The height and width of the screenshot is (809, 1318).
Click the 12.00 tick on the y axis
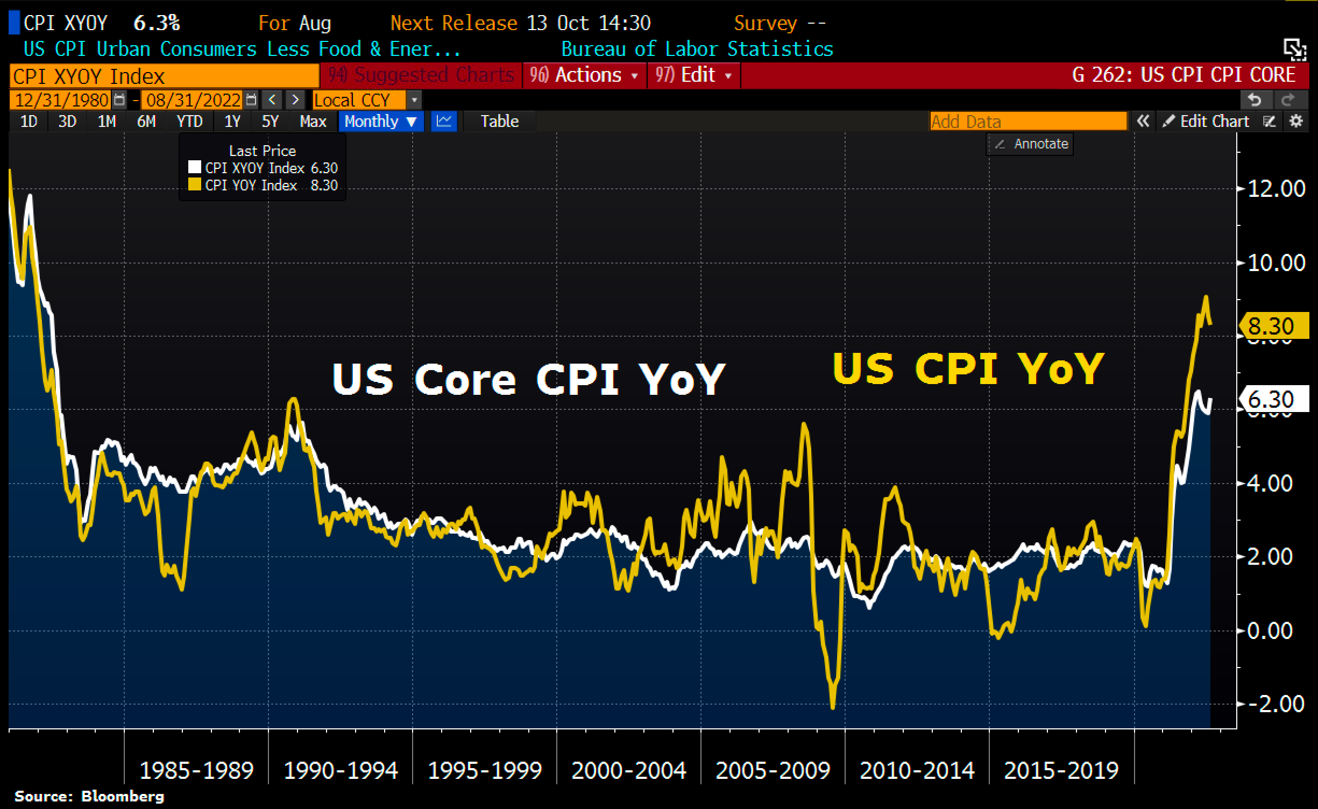coord(1276,189)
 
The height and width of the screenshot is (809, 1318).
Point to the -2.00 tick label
coord(1274,704)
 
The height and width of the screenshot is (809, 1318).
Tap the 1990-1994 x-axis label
coord(341,771)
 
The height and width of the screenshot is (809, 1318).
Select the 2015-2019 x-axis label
coord(1061,771)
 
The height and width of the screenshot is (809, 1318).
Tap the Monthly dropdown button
coord(380,122)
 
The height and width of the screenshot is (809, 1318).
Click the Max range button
coord(313,122)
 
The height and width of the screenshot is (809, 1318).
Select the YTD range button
coord(189,122)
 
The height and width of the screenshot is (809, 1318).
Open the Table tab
coord(499,122)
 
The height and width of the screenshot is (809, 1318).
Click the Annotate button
coord(1030,144)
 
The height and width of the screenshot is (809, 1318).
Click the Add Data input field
coord(1028,122)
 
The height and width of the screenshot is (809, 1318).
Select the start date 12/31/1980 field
coord(62,100)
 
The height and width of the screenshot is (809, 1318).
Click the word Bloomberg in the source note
coord(122,796)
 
